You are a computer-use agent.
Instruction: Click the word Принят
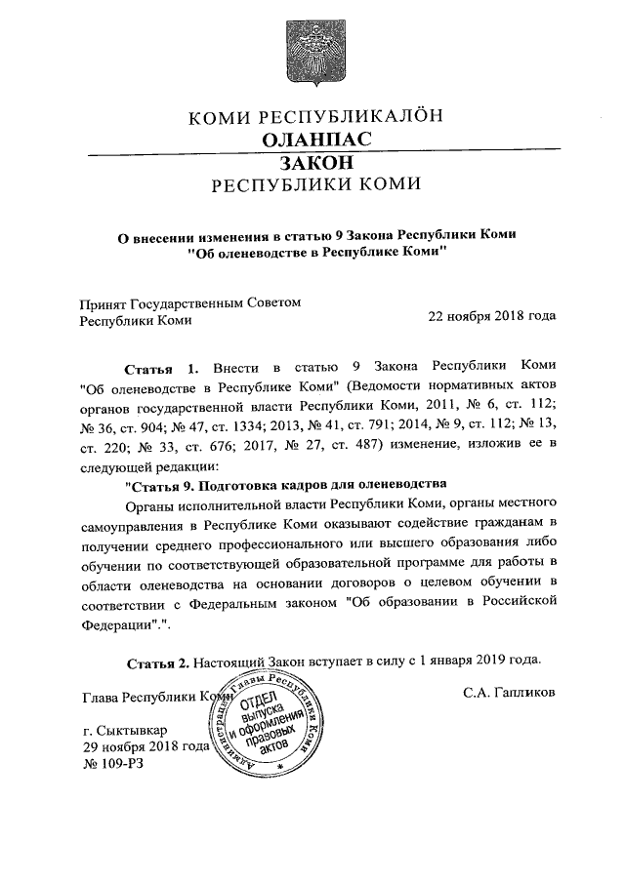[x=103, y=302]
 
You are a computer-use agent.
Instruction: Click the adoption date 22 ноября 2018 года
[x=492, y=316]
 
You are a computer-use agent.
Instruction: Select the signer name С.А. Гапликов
[x=509, y=692]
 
